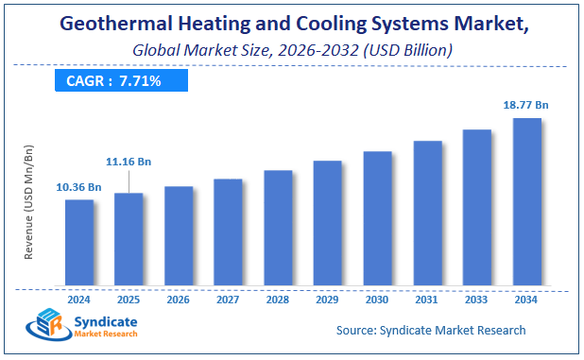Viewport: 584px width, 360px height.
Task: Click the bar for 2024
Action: (x=79, y=242)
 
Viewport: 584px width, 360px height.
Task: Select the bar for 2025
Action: (x=129, y=239)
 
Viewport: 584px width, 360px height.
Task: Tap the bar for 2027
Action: (x=228, y=231)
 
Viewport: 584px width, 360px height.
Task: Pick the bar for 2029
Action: (x=327, y=223)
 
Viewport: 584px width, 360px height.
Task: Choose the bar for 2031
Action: (x=427, y=213)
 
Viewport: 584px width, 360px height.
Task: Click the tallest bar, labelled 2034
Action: (x=526, y=201)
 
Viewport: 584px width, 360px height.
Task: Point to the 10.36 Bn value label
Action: (x=79, y=187)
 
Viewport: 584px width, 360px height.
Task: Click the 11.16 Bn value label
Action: (x=129, y=163)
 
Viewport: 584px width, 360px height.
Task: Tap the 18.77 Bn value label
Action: (x=526, y=106)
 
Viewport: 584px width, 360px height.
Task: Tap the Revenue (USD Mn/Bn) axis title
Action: (x=29, y=202)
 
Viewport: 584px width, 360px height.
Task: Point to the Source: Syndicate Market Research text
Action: (x=431, y=331)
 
